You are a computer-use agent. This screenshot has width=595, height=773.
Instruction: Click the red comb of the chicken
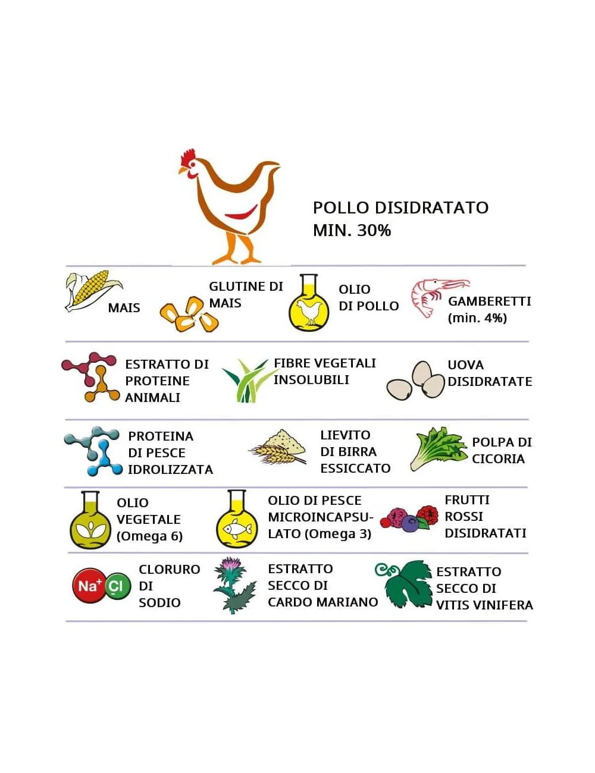pyautogui.click(x=189, y=157)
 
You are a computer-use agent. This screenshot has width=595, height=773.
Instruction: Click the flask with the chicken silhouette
pyautogui.click(x=309, y=304)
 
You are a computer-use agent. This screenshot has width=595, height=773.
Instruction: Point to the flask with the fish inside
pyautogui.click(x=237, y=521)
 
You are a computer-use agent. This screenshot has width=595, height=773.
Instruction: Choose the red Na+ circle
pyautogui.click(x=89, y=586)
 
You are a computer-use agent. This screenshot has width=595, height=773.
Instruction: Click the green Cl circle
pyautogui.click(x=117, y=586)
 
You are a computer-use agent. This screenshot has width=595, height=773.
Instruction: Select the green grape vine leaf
pyautogui.click(x=406, y=584)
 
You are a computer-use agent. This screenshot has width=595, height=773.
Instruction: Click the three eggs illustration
pyautogui.click(x=417, y=381)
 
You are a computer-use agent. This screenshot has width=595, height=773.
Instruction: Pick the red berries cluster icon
pyautogui.click(x=411, y=518)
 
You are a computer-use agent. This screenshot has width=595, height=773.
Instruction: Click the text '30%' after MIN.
pyautogui.click(x=374, y=231)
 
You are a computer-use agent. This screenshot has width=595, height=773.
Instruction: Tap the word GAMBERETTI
pyautogui.click(x=489, y=301)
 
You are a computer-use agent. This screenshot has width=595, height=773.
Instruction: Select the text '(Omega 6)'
pyautogui.click(x=149, y=536)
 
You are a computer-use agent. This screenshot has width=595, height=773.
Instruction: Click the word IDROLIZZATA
pyautogui.click(x=170, y=470)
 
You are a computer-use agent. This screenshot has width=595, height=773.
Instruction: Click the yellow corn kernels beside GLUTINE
pyautogui.click(x=189, y=315)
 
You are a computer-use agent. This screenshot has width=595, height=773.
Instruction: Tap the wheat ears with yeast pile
pyautogui.click(x=278, y=448)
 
